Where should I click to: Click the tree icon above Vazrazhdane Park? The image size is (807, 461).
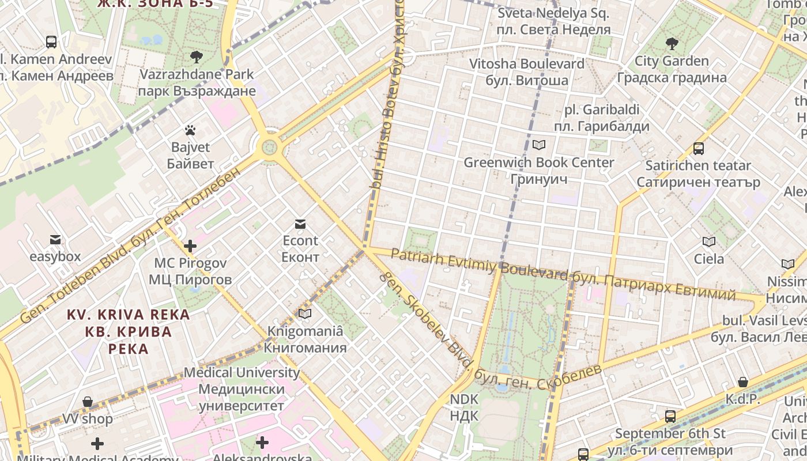pyautogui.click(x=196, y=56)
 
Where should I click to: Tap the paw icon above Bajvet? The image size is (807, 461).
pyautogui.click(x=190, y=130)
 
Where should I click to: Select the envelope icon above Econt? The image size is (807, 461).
pyautogui.click(x=300, y=224)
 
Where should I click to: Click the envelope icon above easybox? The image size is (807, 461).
pyautogui.click(x=55, y=239)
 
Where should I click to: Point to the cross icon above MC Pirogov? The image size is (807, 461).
pyautogui.click(x=190, y=246)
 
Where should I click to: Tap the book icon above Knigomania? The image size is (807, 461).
pyautogui.click(x=305, y=313)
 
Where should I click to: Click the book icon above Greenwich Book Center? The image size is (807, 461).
pyautogui.click(x=539, y=145)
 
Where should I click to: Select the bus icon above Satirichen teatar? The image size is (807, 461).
pyautogui.click(x=698, y=149)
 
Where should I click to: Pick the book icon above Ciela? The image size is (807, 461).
pyautogui.click(x=708, y=241)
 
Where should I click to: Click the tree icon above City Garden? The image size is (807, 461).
pyautogui.click(x=672, y=43)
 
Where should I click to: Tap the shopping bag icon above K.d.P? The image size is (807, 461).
pyautogui.click(x=743, y=381)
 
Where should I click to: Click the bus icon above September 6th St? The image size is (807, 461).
pyautogui.click(x=670, y=416)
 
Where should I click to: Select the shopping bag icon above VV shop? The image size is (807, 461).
pyautogui.click(x=88, y=401)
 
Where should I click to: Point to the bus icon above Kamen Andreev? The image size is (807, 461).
pyautogui.click(x=51, y=41)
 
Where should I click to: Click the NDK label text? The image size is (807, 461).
pyautogui.click(x=464, y=407)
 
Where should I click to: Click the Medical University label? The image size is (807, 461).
pyautogui.click(x=242, y=389)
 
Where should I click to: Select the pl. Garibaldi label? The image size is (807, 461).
pyautogui.click(x=602, y=118)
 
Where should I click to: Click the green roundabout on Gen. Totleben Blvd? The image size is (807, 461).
pyautogui.click(x=269, y=146)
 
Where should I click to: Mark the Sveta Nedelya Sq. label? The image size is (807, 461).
pyautogui.click(x=553, y=21)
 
